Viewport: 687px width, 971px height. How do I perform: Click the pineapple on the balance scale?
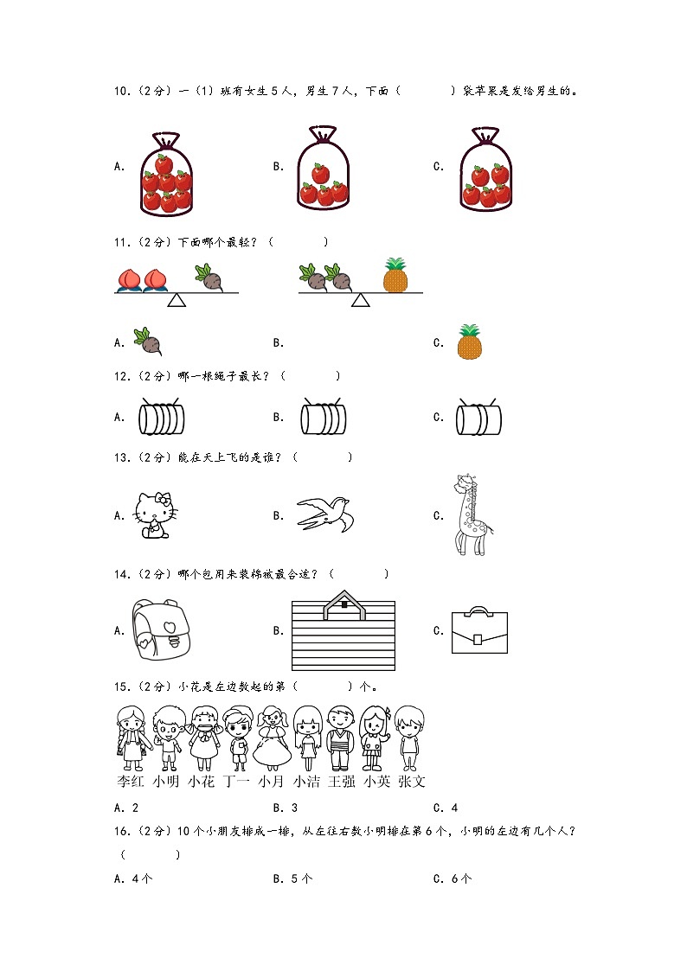396,275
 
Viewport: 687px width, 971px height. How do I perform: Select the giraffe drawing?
471,515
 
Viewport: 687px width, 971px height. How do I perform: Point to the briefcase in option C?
478,632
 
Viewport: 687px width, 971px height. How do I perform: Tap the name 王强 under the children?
341,781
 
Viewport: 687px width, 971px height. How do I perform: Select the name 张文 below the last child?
411,781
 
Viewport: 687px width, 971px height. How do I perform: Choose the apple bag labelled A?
166,173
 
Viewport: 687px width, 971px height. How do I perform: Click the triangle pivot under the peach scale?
177,300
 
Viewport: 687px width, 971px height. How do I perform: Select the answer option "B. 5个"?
292,878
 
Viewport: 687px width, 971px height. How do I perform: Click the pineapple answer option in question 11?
469,342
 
